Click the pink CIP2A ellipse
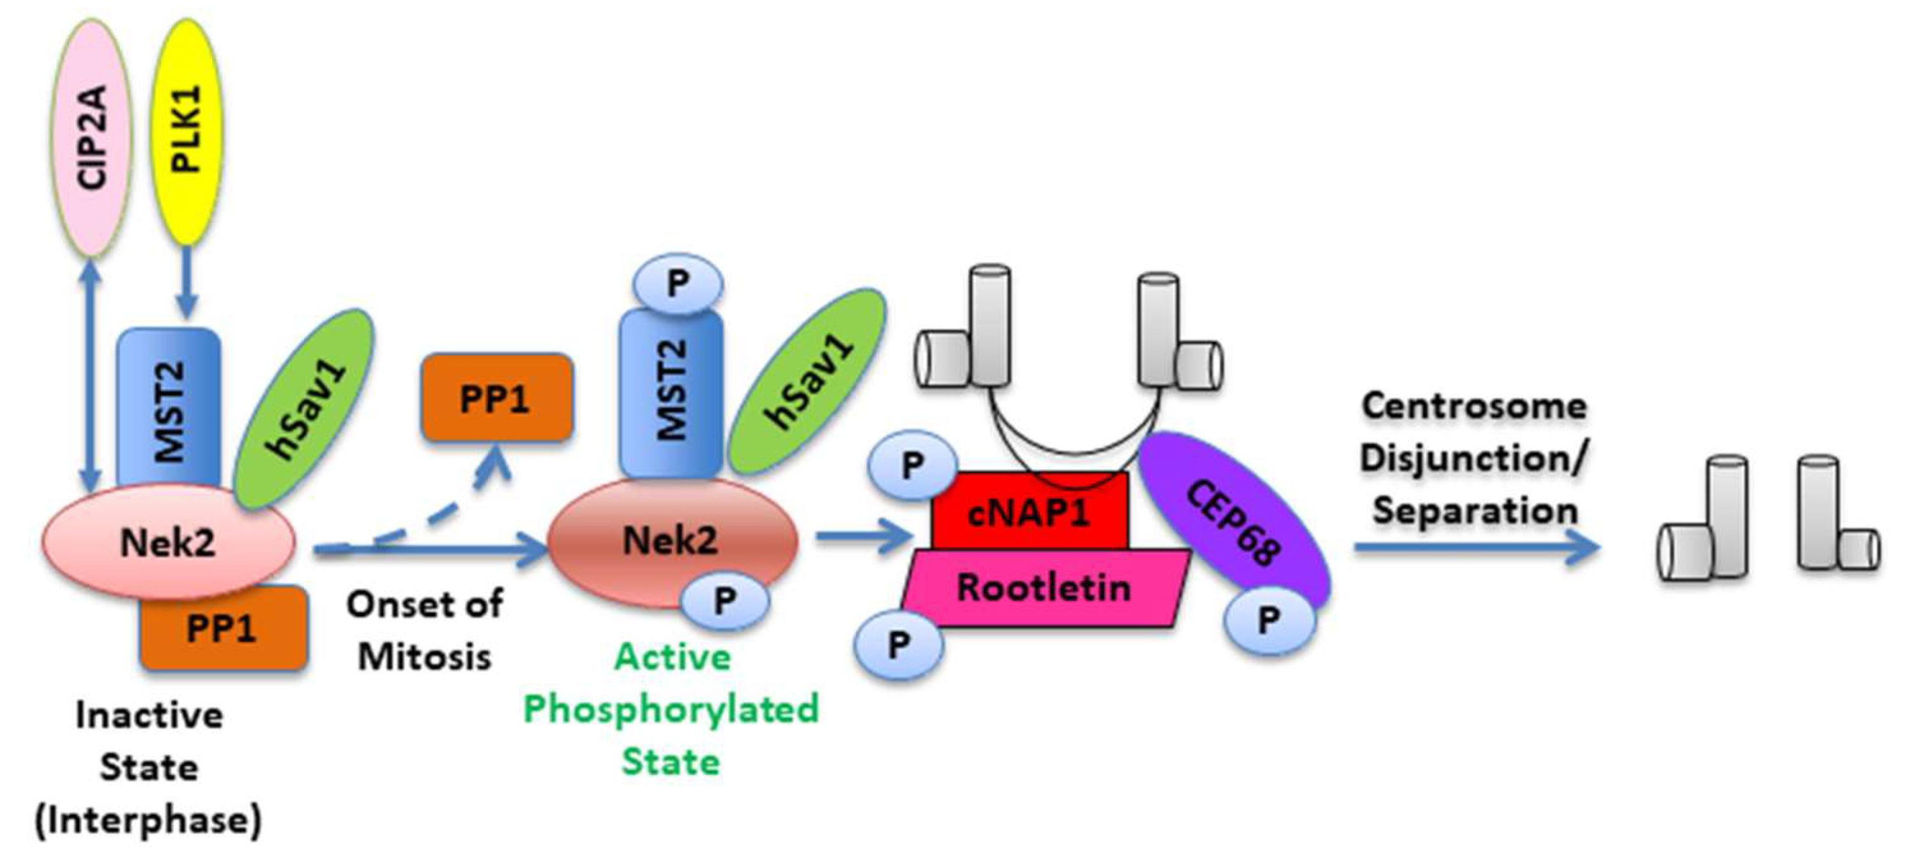coord(91,137)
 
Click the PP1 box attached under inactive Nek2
coord(223,630)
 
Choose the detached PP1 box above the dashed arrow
coord(496,398)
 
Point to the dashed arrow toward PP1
coord(439,513)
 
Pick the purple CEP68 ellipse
coord(1235,521)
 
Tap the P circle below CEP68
coord(1269,619)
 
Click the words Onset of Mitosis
coord(425,630)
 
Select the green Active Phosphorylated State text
coord(671,708)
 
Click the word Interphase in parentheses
coord(149,820)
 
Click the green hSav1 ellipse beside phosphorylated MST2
coord(807,382)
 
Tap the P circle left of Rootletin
coord(898,644)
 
